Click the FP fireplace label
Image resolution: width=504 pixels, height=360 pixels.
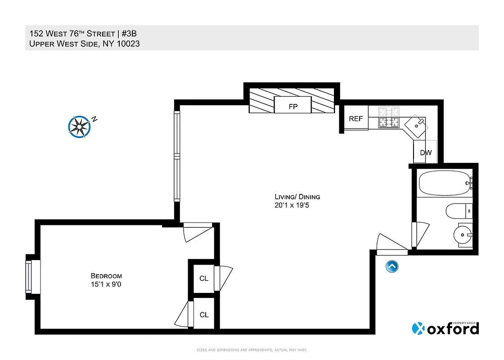(x=292, y=107)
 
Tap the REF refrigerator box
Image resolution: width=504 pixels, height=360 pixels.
(x=355, y=119)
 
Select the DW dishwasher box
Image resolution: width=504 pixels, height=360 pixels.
(x=425, y=153)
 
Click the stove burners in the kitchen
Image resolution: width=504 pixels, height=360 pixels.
(x=389, y=117)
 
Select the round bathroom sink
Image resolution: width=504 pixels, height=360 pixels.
(x=463, y=234)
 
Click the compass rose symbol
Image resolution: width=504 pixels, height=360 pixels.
(x=80, y=126)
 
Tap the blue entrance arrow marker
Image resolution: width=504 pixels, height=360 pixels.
(x=391, y=266)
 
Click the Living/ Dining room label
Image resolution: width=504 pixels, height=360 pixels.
(x=297, y=197)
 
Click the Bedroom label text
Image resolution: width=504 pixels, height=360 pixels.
(x=106, y=276)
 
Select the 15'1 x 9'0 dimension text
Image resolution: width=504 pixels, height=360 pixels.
(x=106, y=284)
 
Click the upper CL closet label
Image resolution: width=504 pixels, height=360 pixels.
(x=204, y=278)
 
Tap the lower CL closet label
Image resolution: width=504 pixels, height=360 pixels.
(x=204, y=315)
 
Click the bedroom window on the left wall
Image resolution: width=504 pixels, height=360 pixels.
(x=29, y=277)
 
